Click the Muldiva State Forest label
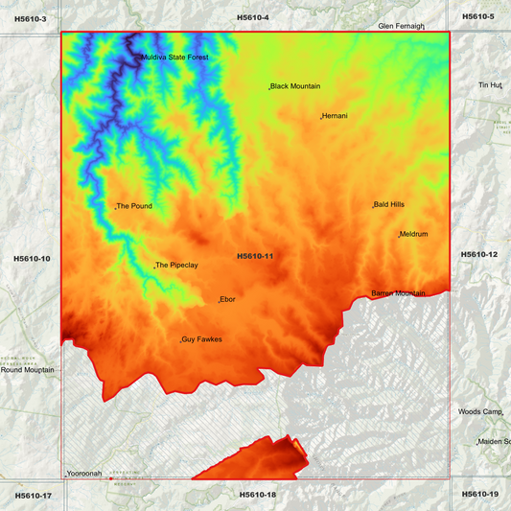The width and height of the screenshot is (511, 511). [x=175, y=58]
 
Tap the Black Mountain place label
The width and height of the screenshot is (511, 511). [x=295, y=86]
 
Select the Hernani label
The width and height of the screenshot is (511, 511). [x=335, y=116]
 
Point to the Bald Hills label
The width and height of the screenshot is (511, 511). [x=389, y=204]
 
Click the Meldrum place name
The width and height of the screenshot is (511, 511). [x=413, y=234]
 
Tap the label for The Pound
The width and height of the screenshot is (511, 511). [x=134, y=206]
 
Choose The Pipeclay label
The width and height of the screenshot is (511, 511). [x=176, y=266]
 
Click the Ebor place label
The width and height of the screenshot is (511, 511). [x=227, y=299]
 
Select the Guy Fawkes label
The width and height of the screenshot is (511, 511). [x=201, y=339]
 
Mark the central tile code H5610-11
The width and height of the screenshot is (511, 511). [x=255, y=256]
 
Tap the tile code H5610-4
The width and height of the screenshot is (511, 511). [x=253, y=17]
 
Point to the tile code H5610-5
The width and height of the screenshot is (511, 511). [x=477, y=16]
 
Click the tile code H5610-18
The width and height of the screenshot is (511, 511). [x=257, y=495]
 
